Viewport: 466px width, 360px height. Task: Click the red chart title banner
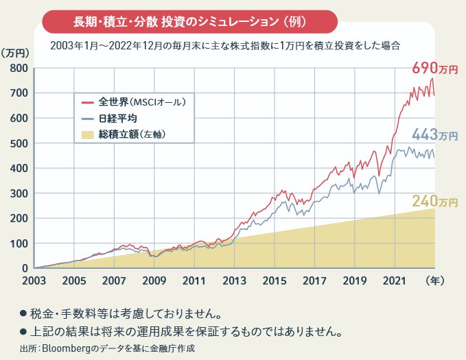click(x=190, y=21)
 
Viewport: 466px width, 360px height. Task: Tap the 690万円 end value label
click(x=434, y=69)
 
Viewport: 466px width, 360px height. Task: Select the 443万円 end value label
click(x=434, y=135)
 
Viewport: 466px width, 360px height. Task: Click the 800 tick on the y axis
click(x=18, y=68)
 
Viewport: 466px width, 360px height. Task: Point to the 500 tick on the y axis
click(x=18, y=143)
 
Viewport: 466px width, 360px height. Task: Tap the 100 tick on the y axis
click(x=18, y=243)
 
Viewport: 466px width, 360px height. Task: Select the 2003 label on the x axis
click(x=33, y=280)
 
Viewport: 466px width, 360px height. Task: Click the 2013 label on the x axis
click(x=234, y=280)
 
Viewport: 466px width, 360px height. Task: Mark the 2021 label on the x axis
click(x=395, y=280)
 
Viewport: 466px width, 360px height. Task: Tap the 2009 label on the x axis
click(x=154, y=280)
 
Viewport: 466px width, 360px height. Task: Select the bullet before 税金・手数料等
click(x=23, y=315)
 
